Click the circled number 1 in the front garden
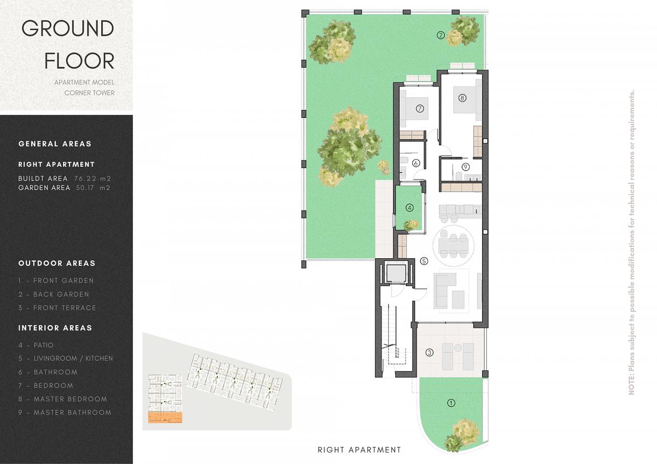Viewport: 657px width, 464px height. (451, 403)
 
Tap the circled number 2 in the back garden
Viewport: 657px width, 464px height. (441, 36)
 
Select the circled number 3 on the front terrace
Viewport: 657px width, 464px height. (429, 352)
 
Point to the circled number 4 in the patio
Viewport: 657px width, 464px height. (410, 208)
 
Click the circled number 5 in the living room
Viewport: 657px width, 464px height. (424, 261)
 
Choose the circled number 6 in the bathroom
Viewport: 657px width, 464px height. (416, 163)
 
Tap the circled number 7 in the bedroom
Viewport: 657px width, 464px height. (420, 109)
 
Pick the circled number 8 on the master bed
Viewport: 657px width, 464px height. (462, 97)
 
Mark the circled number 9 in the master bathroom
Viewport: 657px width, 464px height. (465, 167)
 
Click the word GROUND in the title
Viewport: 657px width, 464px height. (68, 28)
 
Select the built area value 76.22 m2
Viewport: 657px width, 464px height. (93, 178)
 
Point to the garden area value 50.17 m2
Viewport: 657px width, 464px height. (93, 188)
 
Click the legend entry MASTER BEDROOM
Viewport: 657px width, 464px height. (71, 399)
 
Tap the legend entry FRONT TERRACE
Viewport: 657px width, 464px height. (65, 308)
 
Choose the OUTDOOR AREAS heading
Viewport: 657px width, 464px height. (57, 263)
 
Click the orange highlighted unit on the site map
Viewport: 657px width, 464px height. (165, 417)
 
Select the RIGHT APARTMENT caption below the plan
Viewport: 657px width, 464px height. (359, 450)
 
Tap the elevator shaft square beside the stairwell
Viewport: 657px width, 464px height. (395, 273)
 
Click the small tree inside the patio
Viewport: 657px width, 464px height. (411, 225)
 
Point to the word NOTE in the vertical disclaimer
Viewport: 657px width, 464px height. (631, 386)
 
